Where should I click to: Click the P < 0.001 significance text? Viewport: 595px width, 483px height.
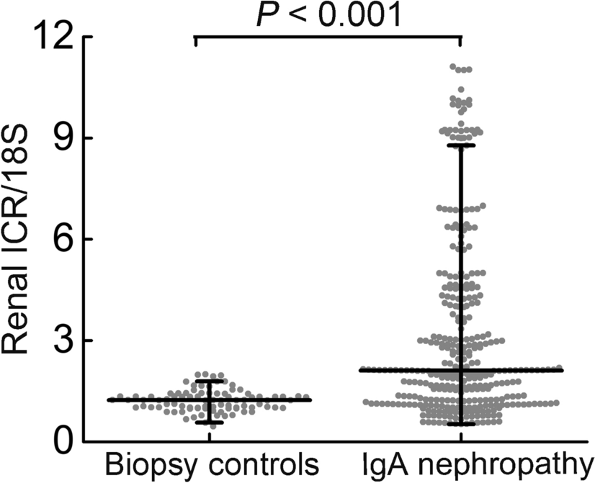328,14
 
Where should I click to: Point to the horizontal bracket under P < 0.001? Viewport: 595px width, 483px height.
328,37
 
